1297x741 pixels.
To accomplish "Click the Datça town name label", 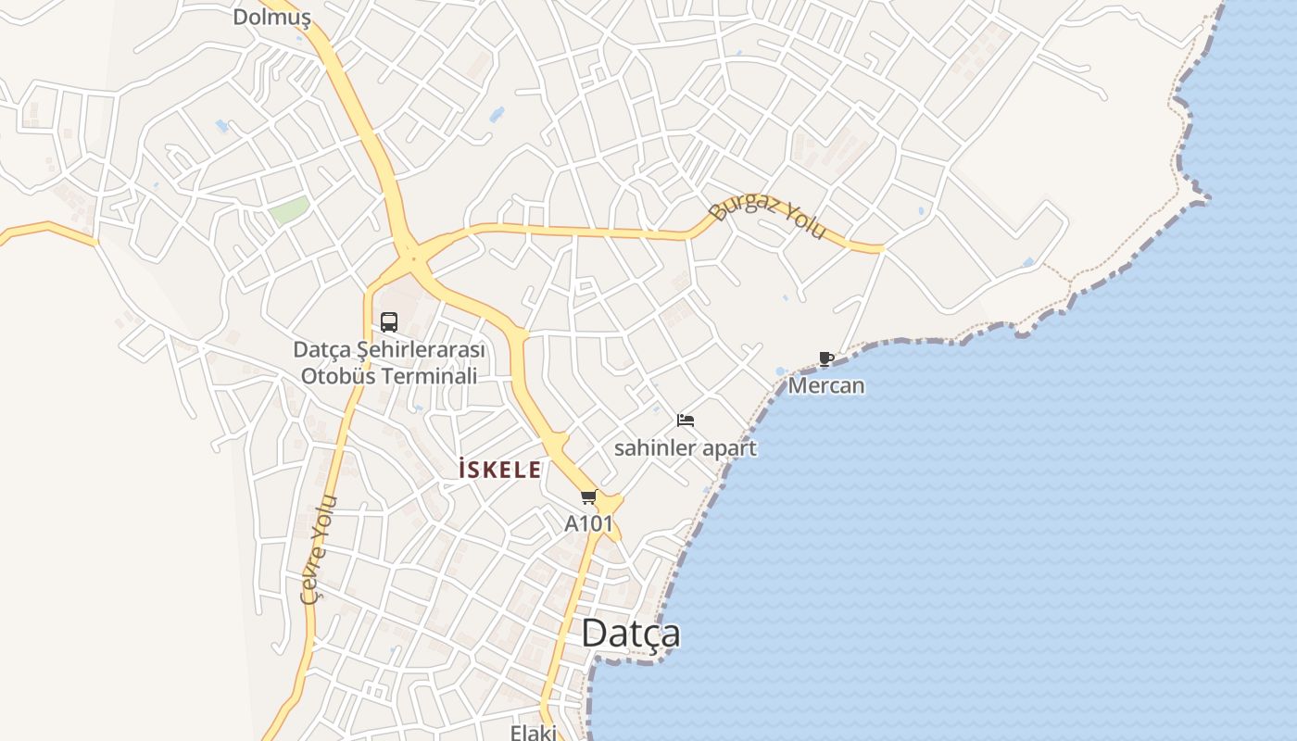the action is click(631, 634).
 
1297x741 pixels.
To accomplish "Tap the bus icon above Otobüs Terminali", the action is click(389, 322).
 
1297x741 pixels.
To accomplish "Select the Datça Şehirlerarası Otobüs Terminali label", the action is click(389, 363).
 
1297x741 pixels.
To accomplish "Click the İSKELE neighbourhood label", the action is click(500, 471).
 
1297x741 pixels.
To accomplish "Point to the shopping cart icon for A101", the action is click(588, 497).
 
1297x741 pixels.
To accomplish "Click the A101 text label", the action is click(589, 523).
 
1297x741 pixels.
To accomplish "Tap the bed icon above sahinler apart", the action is click(686, 421).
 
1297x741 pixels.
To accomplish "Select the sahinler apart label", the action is click(686, 448).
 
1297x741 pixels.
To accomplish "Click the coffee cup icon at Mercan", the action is click(826, 358).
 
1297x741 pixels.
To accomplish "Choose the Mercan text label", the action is click(826, 385).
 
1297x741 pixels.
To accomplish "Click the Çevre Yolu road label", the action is click(320, 549).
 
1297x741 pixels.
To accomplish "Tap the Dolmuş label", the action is click(271, 17).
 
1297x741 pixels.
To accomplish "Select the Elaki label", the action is click(534, 733).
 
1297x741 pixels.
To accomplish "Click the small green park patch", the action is click(289, 210).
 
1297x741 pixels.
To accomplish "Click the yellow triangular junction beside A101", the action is click(610, 503).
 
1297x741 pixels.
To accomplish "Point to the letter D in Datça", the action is click(595, 634).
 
